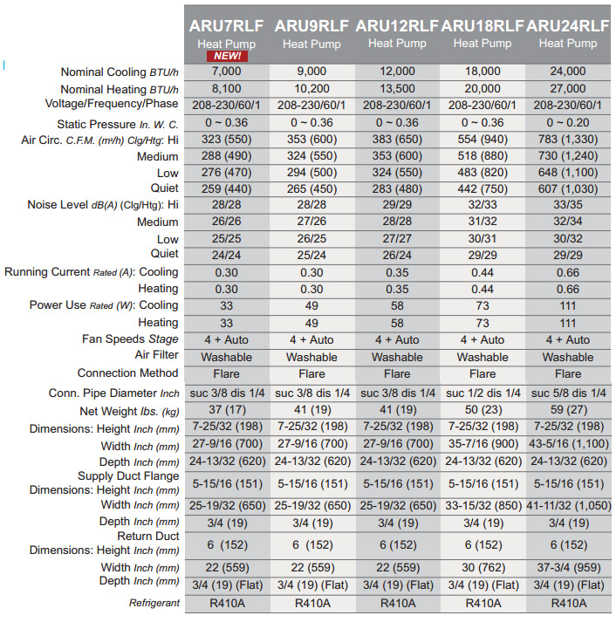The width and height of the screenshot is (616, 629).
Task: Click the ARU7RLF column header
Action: point(225,26)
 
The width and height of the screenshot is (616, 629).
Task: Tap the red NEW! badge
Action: point(225,57)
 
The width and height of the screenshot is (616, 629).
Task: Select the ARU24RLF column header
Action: point(567,26)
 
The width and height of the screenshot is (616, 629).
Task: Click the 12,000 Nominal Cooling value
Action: point(396,72)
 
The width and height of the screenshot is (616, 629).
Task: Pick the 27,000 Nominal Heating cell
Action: point(567,89)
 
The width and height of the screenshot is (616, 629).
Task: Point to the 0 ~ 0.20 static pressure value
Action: point(567,123)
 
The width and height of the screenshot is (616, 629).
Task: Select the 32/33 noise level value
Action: point(482,205)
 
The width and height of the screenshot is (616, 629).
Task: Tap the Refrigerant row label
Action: point(154,603)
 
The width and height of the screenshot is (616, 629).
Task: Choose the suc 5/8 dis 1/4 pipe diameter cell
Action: point(567,393)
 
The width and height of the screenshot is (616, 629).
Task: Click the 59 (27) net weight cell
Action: point(567,410)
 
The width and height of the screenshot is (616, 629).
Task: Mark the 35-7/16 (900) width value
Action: point(482,444)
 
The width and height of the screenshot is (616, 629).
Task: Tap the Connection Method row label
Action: point(127,373)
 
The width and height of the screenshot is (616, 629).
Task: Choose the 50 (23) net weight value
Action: point(482,410)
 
